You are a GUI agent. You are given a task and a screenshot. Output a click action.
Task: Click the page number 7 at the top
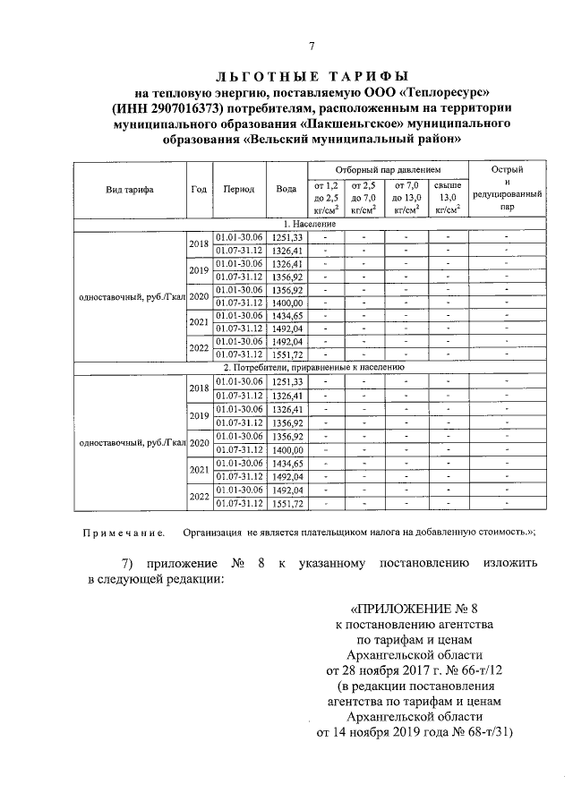pyautogui.click(x=311, y=47)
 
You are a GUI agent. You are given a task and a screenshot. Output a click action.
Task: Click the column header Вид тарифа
pyautogui.click(x=129, y=190)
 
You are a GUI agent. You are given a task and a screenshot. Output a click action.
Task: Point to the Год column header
pyautogui.click(x=199, y=190)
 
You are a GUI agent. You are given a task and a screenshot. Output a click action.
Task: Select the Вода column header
pyautogui.click(x=286, y=190)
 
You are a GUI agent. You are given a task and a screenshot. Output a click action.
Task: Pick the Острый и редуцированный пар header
pyautogui.click(x=508, y=187)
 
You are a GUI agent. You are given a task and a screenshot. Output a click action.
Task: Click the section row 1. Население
pyautogui.click(x=310, y=223)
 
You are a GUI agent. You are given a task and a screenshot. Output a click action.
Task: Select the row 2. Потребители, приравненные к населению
pyautogui.click(x=310, y=367)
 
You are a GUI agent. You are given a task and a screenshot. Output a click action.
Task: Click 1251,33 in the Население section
pyautogui.click(x=287, y=236)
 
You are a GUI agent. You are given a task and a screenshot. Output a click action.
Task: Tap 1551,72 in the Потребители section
pyautogui.click(x=287, y=504)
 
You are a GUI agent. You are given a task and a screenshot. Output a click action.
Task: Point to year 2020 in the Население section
pyautogui.click(x=199, y=296)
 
